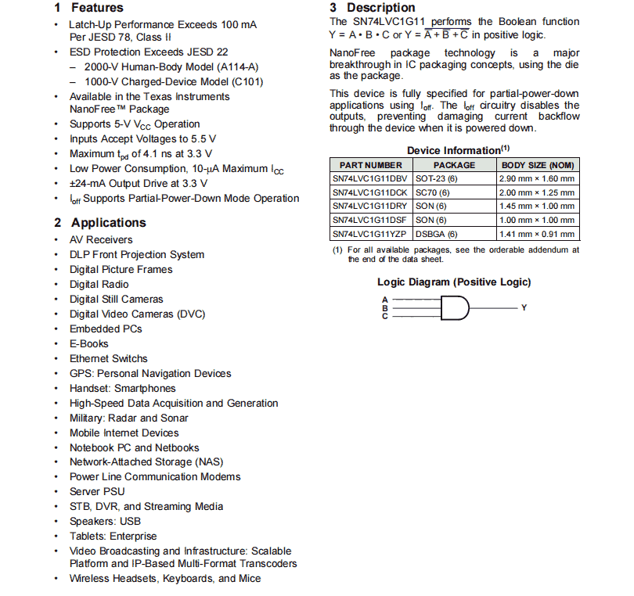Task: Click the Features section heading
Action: (x=88, y=8)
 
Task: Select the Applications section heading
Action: (x=99, y=223)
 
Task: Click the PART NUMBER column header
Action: (x=371, y=165)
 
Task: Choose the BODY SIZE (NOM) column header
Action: (x=538, y=165)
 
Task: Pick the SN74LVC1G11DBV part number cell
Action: (x=370, y=178)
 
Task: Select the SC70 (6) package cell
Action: (x=433, y=192)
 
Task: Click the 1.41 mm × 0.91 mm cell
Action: (x=537, y=234)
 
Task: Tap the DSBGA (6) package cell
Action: (x=436, y=234)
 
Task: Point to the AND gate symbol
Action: (x=455, y=308)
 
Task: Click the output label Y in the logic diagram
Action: (x=524, y=308)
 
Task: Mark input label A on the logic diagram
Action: (x=385, y=300)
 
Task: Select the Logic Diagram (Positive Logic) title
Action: (x=454, y=282)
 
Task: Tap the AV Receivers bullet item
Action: (x=101, y=240)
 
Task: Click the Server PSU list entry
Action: (x=96, y=492)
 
